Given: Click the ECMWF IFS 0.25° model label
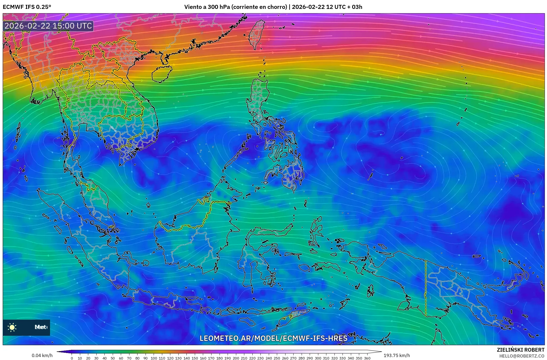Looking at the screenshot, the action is point(27,7).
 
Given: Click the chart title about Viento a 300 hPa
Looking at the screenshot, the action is point(273,7).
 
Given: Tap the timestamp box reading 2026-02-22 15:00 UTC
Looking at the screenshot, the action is point(48,26).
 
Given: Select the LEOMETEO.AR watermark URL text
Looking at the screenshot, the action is point(273,338).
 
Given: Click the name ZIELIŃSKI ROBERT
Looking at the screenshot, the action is point(520,350).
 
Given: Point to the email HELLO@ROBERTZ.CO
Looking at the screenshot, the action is point(522,356).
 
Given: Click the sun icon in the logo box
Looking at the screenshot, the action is point(12,327).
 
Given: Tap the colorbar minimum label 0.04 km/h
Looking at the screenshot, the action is point(42,355).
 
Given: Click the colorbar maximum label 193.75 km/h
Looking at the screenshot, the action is point(397,355).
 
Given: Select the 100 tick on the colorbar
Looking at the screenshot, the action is point(154,358).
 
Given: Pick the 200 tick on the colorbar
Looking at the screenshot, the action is point(236,358).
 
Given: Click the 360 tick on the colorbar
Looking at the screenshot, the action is point(367,358).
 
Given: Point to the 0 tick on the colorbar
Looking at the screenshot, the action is point(72,358).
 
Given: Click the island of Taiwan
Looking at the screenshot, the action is point(256,35).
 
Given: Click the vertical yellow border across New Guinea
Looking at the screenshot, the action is point(426,288).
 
